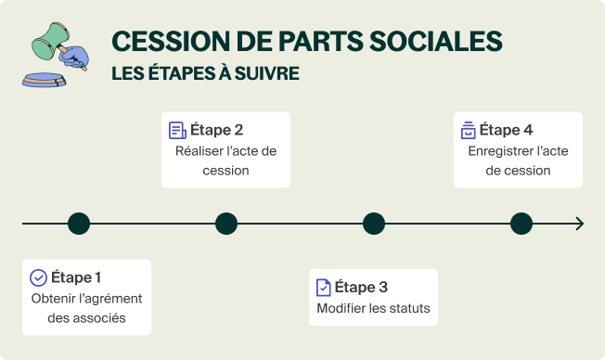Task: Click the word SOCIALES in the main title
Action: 435,42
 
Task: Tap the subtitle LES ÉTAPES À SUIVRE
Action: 205,73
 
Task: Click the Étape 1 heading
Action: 76,277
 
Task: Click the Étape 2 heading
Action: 217,130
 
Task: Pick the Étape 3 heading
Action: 361,287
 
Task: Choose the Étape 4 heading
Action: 507,130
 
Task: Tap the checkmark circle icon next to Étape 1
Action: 38,277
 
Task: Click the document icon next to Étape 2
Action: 177,130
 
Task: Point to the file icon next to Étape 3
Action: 323,287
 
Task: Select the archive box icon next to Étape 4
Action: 469,130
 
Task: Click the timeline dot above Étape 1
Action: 79,224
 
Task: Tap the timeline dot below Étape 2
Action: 226,224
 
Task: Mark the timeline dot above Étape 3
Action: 374,224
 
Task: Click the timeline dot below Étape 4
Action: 521,224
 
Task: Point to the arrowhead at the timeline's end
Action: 579,224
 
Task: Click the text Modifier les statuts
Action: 374,309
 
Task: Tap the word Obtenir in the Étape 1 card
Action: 52,299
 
